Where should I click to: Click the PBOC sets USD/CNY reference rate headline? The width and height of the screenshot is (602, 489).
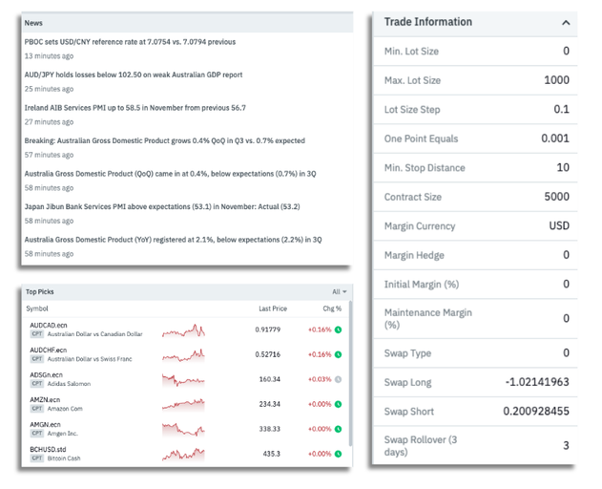[130, 42]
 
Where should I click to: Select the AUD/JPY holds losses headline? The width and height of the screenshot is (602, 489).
[133, 74]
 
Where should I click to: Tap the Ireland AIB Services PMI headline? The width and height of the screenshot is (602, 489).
[135, 108]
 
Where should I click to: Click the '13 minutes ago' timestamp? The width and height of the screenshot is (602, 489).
[49, 56]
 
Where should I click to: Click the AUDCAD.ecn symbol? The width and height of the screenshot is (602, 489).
[49, 326]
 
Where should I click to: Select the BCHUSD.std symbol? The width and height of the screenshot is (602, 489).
[49, 449]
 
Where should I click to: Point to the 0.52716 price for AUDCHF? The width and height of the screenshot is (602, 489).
[267, 354]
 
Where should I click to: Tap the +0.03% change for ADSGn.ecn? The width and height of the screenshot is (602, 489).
[319, 379]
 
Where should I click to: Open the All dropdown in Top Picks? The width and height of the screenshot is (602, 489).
[340, 292]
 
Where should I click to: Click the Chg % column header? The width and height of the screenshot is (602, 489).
[332, 308]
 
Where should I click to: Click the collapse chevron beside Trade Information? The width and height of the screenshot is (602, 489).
[566, 23]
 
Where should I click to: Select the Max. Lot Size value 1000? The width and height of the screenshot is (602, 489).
[556, 80]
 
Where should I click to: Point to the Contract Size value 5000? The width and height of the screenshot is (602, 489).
[556, 197]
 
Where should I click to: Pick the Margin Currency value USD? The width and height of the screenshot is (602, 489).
[558, 226]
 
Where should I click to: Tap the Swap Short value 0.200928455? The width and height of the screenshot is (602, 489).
[529, 412]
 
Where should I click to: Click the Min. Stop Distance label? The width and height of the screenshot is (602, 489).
[425, 168]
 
